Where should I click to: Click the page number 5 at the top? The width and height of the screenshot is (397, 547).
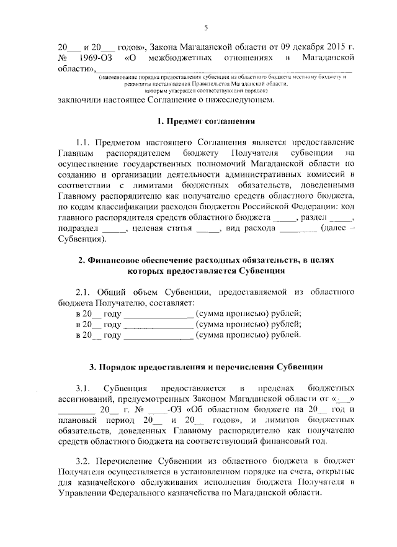[x=205, y=27]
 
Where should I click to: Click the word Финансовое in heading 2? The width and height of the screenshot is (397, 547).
[x=118, y=260]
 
